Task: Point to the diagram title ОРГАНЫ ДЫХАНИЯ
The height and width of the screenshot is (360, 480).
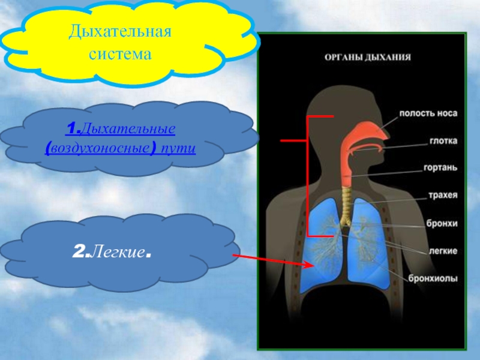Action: pos(367,58)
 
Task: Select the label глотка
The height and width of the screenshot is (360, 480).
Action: pos(443,140)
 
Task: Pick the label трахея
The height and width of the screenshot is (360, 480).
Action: pos(442,195)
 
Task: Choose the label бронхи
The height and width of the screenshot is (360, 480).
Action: pos(442,223)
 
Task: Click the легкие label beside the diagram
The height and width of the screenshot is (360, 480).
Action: pos(442,250)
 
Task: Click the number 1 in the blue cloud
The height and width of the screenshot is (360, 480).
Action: pos(70,128)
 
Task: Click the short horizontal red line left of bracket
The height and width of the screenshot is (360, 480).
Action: pos(293,140)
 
